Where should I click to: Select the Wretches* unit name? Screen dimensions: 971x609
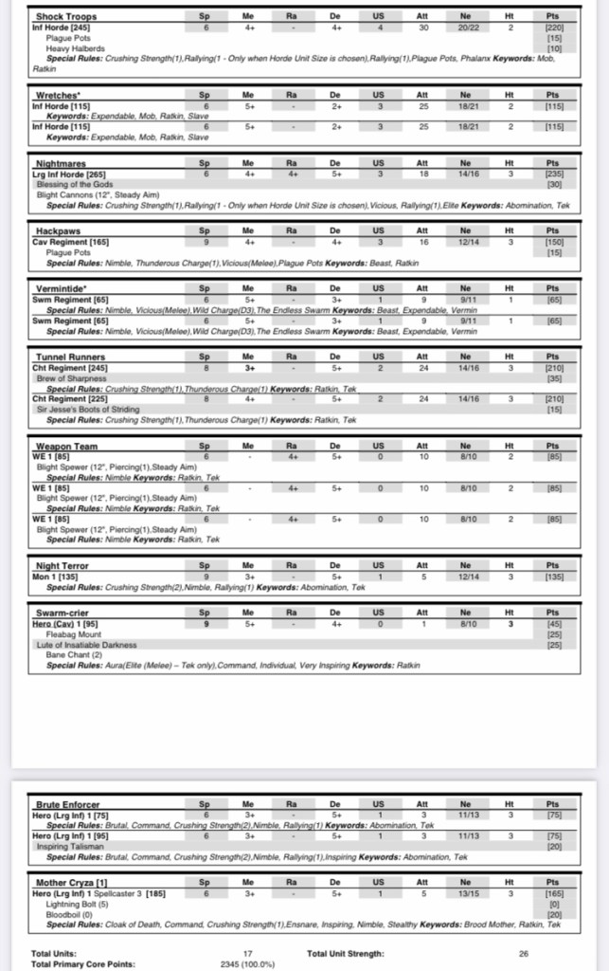[x=57, y=95]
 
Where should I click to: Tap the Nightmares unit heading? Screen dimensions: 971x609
[x=61, y=163]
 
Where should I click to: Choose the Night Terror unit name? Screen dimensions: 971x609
[x=62, y=565]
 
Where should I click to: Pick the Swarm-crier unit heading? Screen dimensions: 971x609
[x=63, y=613]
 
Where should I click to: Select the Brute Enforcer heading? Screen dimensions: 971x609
[x=67, y=804]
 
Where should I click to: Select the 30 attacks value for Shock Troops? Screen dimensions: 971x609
[x=421, y=27]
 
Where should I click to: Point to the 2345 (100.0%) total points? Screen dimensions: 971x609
[x=247, y=963]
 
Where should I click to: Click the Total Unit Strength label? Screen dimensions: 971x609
[x=346, y=953]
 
